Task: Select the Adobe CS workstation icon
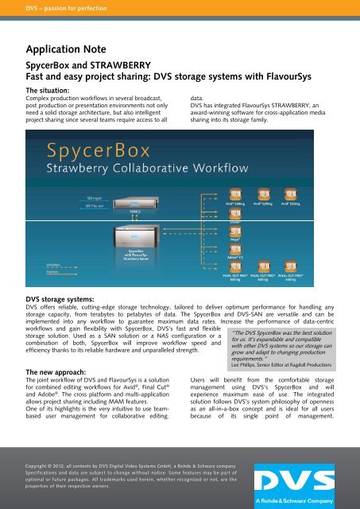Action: click(x=235, y=246)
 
